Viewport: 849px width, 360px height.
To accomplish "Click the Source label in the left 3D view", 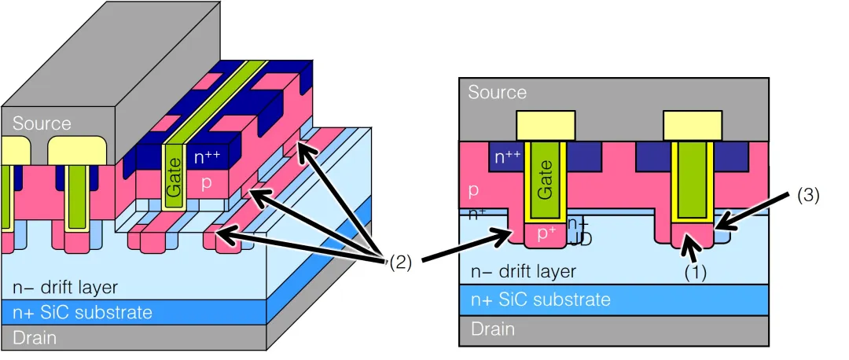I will [x=42, y=123].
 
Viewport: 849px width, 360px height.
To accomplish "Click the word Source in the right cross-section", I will [x=497, y=93].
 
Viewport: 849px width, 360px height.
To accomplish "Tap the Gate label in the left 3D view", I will [x=174, y=178].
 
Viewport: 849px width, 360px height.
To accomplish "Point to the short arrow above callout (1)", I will [x=692, y=250].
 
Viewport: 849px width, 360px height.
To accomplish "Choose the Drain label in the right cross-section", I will [x=493, y=329].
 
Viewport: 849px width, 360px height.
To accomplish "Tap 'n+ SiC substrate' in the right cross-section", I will [x=540, y=299].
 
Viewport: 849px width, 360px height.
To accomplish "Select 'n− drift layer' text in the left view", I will [x=65, y=288].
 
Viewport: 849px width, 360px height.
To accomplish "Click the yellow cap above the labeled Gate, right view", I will [x=545, y=124].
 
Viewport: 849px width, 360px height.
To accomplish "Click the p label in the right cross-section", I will [x=474, y=191].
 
